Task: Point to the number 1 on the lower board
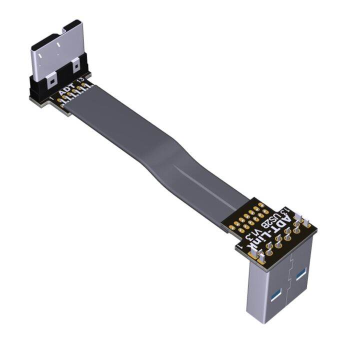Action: click(241, 246)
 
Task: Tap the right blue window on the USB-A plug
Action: click(300, 274)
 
